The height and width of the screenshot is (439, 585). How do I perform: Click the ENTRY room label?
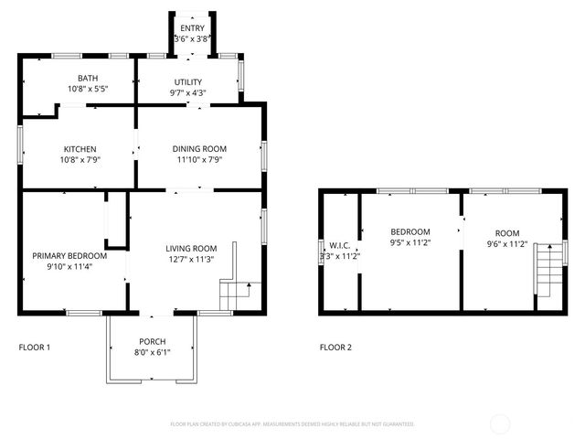[x=192, y=28]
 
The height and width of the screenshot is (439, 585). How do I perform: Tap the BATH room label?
[x=88, y=79]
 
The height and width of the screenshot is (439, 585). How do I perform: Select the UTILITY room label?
[x=187, y=81]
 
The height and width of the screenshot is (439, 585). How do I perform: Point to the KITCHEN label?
[x=80, y=149]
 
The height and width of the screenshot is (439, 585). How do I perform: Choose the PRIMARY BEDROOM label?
[x=69, y=255]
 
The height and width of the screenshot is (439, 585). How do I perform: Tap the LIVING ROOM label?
[x=190, y=248]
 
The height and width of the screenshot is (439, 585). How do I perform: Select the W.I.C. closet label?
[x=340, y=245]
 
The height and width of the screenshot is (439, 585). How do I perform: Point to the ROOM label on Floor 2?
[x=506, y=232]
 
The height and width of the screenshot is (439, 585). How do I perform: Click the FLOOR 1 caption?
[x=35, y=348]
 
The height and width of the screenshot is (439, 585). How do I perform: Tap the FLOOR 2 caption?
[x=335, y=348]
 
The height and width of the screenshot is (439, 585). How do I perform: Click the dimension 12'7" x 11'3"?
[x=190, y=259]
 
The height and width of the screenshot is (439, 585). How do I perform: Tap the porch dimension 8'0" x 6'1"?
[x=152, y=352]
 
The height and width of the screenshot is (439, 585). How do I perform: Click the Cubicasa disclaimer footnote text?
[x=292, y=424]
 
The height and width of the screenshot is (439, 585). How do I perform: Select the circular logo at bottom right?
[x=501, y=423]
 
